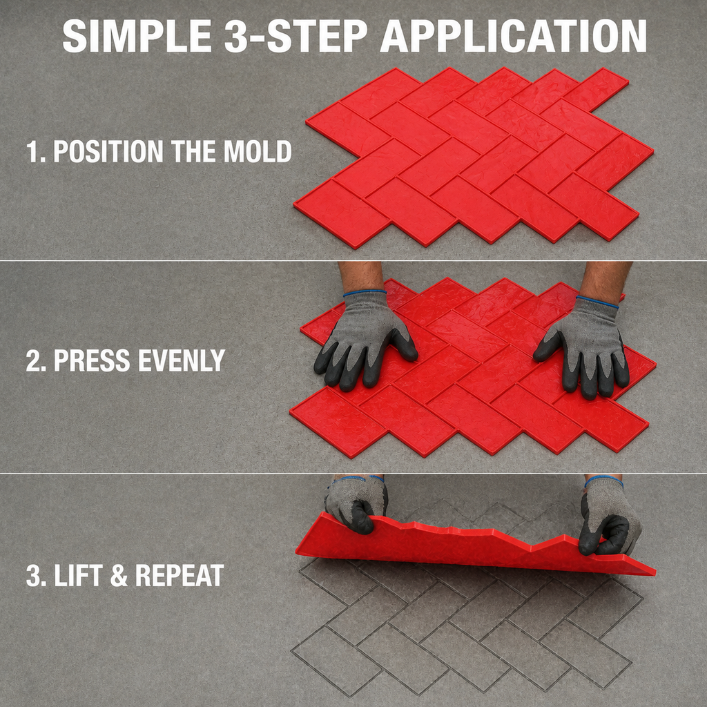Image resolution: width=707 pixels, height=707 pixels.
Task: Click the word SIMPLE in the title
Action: coord(137,37)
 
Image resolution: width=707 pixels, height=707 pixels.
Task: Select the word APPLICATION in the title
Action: coord(514,37)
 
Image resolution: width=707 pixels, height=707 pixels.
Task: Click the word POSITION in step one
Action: coord(108,151)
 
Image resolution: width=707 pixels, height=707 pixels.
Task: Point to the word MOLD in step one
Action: coord(258,151)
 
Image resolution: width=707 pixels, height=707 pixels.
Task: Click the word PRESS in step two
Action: coord(92,360)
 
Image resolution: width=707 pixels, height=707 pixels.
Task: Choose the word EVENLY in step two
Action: coord(182,360)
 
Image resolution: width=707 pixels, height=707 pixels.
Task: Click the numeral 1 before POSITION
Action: coord(32,151)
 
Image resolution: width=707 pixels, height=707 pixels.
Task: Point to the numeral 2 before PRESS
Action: coord(34,360)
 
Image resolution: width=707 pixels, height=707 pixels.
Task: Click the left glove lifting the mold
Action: coord(356,503)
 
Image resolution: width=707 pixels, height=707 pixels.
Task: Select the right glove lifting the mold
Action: coord(609,516)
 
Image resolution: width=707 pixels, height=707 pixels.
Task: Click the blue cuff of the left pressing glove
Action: coord(365,293)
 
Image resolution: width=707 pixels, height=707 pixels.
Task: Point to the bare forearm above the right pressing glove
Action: coord(604,280)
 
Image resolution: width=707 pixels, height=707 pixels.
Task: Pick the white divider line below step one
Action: coord(353,260)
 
